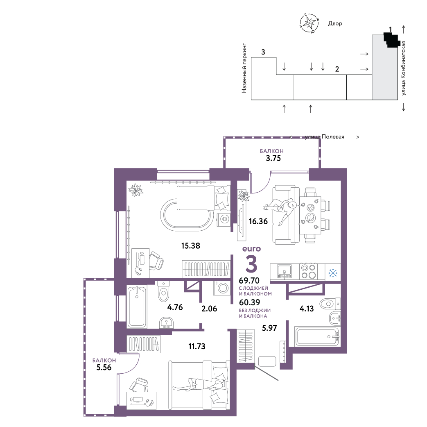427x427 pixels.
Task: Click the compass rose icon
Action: click(x=309, y=23)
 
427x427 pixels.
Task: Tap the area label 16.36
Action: click(x=258, y=221)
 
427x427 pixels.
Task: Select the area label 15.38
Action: click(x=191, y=246)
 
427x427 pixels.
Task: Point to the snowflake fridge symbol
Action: click(x=333, y=273)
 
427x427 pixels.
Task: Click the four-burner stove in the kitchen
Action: click(x=308, y=272)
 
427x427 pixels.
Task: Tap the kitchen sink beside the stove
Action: click(x=285, y=272)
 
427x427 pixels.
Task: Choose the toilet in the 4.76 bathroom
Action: click(x=164, y=291)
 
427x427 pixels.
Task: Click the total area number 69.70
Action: click(x=249, y=280)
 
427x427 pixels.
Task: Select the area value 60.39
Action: click(x=249, y=302)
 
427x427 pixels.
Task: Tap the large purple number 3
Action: click(x=251, y=263)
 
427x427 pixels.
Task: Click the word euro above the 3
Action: click(x=252, y=249)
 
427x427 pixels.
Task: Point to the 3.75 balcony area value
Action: click(x=273, y=158)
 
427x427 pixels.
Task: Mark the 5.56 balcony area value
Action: click(x=104, y=367)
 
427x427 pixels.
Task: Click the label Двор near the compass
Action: click(x=335, y=23)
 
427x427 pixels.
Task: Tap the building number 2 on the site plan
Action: click(x=337, y=69)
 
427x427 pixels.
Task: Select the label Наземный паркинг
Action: click(x=244, y=68)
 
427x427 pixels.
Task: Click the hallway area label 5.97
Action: click(x=269, y=328)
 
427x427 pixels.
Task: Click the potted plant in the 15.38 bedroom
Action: click(x=136, y=190)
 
